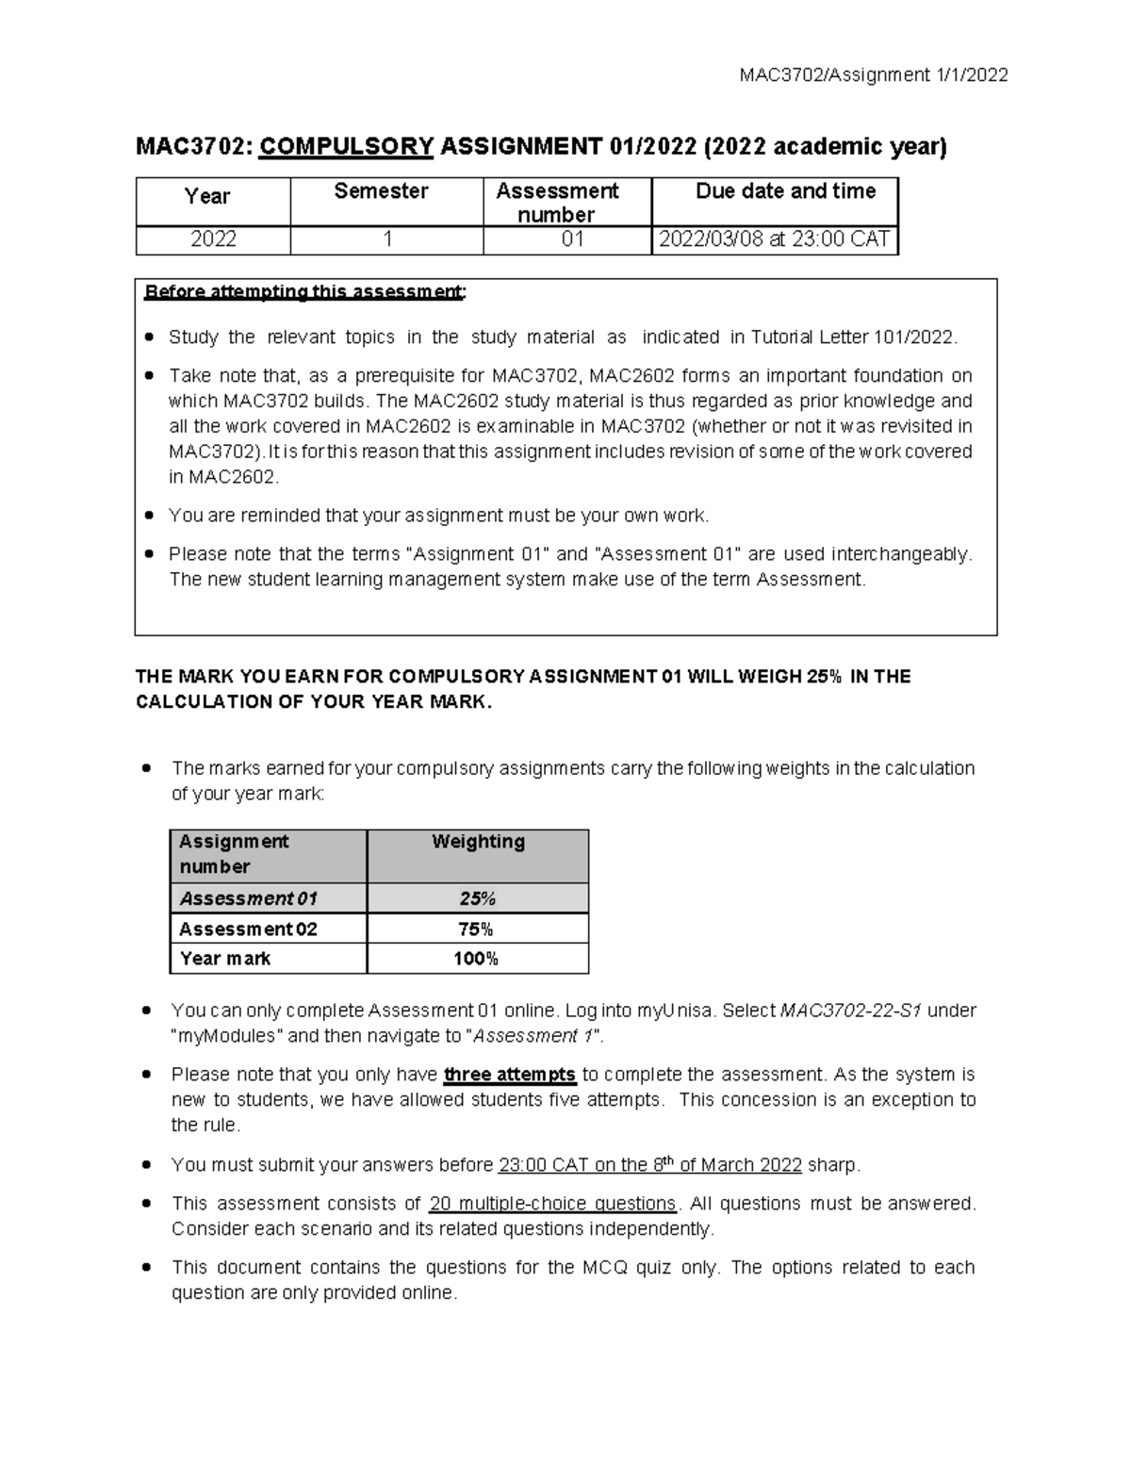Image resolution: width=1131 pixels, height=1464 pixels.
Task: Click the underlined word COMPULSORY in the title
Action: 346,147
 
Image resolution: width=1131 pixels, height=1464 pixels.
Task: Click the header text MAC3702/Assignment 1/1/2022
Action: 875,75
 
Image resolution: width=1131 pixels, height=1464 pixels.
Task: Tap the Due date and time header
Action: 785,191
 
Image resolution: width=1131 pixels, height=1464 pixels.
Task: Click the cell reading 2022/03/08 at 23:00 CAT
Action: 774,239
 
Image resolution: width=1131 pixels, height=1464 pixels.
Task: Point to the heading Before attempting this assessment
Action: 304,291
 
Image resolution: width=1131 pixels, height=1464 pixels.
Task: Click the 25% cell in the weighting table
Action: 477,898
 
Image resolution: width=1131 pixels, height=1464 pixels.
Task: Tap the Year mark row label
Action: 224,959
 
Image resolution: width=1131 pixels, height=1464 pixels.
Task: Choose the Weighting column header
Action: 478,842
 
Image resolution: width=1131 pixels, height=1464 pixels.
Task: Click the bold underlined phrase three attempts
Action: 509,1075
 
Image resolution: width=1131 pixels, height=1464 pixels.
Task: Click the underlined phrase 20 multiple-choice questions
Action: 552,1204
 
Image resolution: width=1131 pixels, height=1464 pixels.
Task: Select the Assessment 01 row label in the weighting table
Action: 248,898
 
